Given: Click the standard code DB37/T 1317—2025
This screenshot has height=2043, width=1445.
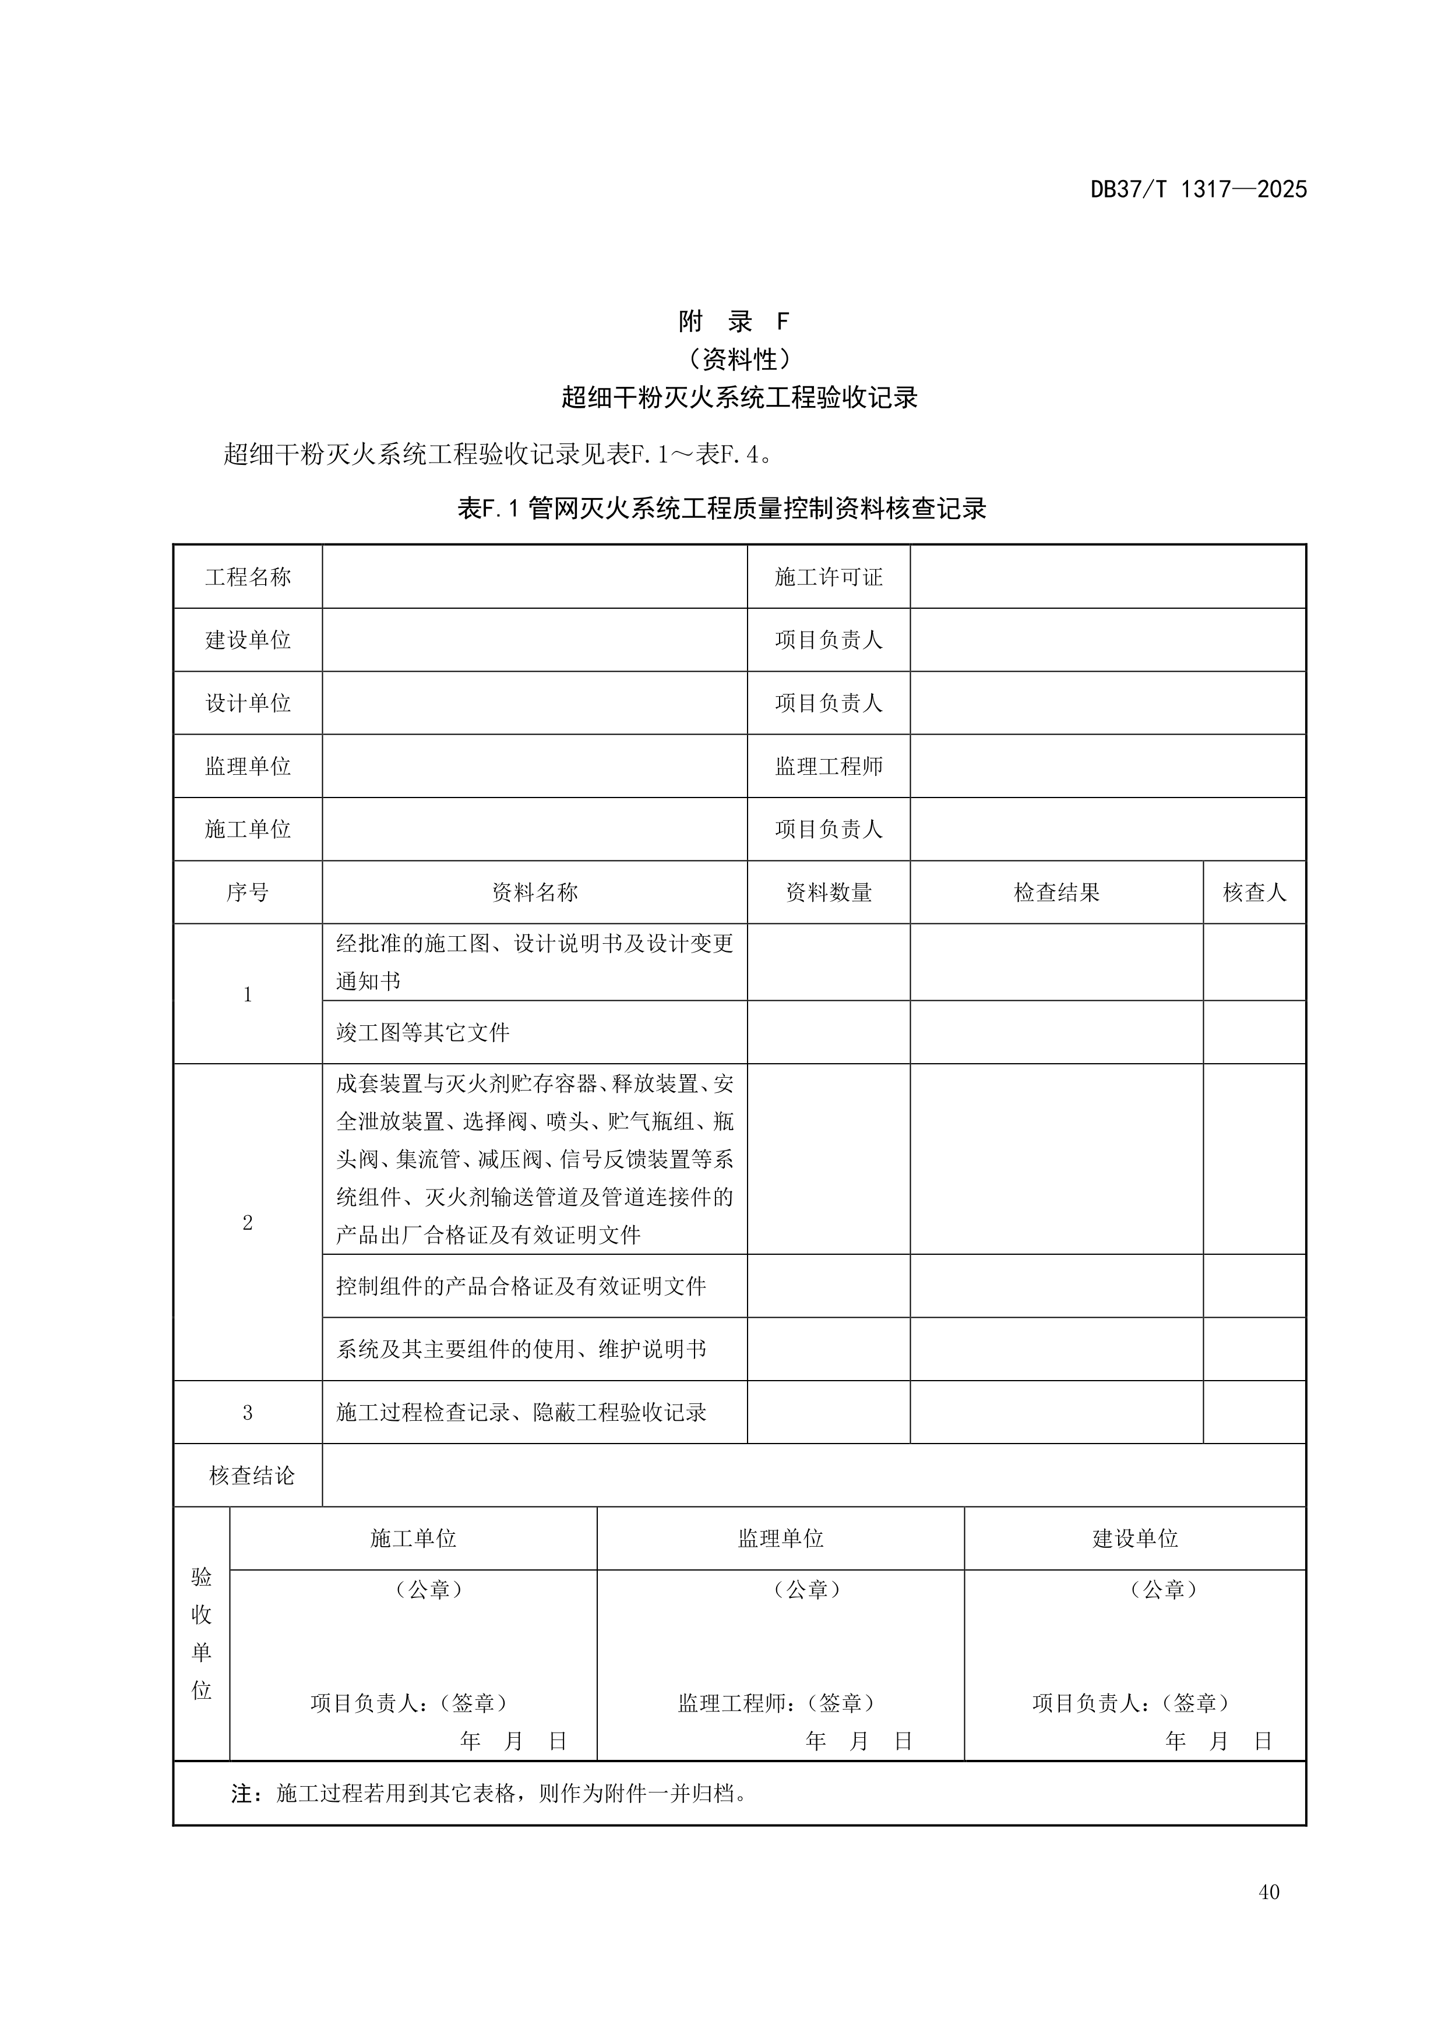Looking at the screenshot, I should pos(1197,189).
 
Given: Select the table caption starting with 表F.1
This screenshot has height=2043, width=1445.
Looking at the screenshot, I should pos(721,509).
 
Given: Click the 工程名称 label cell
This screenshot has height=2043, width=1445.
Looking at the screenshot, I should pos(248,577).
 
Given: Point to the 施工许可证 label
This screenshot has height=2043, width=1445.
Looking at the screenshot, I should pos(829,577).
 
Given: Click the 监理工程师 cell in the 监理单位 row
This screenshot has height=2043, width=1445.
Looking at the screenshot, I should pos(829,766).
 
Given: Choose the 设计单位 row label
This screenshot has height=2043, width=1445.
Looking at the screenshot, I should pos(248,703).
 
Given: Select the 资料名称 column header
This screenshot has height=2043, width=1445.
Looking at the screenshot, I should pos(535,892).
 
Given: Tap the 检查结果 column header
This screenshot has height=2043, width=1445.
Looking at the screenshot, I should pos(1056,892).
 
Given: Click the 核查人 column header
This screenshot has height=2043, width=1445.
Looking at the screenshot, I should pos(1254,892).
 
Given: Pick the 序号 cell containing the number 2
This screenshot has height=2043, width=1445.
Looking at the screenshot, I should pos(248,1223).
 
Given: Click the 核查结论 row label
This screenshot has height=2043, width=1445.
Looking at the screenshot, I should pos(252,1475).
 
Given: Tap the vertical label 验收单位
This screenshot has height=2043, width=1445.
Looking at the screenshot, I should pos(202,1633).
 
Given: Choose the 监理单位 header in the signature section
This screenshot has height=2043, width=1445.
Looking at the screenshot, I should pos(780,1539).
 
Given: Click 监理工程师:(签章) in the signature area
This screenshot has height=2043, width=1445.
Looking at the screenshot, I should pos(776,1703).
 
